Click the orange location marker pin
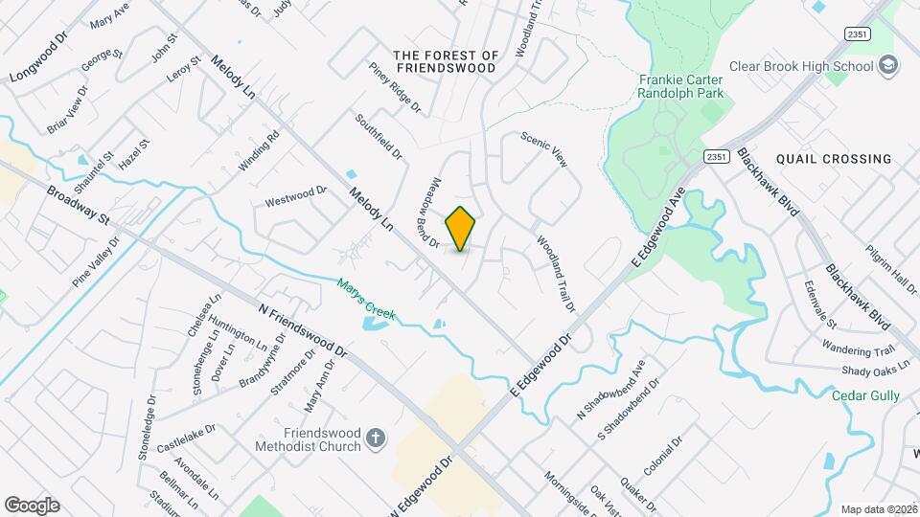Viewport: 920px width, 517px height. pos(460,229)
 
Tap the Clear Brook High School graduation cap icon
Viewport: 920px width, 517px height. pos(888,66)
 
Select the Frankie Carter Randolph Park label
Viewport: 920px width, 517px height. pos(680,86)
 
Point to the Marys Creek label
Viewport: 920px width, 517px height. pos(366,300)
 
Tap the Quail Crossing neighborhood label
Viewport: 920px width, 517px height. pos(834,159)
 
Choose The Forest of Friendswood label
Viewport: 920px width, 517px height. pos(446,62)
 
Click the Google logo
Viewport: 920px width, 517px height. pos(32,505)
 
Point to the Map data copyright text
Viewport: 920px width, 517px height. pos(879,509)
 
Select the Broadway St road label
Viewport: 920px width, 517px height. pos(78,205)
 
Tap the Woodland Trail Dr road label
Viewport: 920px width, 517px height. pos(556,274)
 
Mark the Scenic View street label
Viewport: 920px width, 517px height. pos(544,149)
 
